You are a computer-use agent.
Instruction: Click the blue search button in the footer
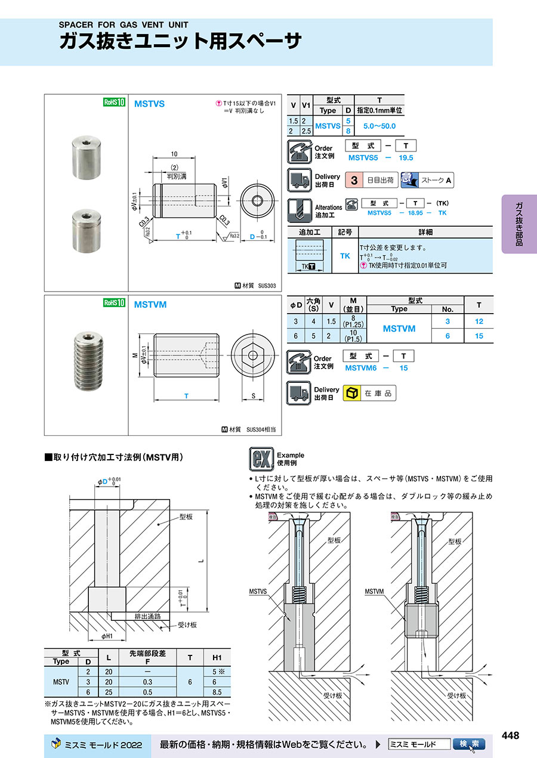pos(468,744)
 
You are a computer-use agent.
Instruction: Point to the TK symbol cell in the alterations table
pos(345,255)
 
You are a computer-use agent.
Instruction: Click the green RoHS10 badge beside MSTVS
pos(113,102)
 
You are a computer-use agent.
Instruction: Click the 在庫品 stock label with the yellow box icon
pos(369,394)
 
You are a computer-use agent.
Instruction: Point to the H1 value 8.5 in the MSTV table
pos(217,692)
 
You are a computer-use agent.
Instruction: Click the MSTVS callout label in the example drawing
pos(258,592)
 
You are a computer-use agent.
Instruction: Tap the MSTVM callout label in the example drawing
pos(374,592)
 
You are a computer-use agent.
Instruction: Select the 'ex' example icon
pos(260,459)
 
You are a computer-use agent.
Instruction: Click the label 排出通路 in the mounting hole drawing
pos(147,616)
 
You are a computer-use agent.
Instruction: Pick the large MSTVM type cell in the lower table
pos(399,329)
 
